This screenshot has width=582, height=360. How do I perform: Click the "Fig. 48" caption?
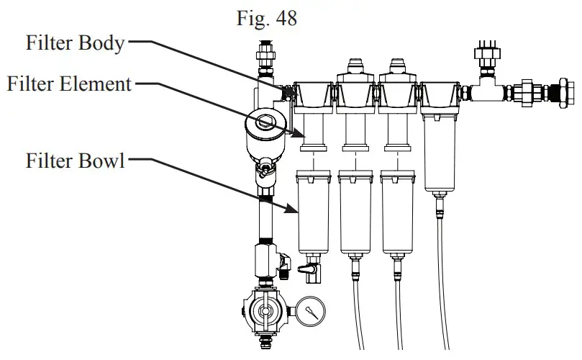tap(266, 19)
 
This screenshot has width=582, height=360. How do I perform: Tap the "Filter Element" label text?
tap(69, 84)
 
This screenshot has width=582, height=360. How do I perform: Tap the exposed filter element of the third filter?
tap(399, 130)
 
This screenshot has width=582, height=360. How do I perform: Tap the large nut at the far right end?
tap(558, 93)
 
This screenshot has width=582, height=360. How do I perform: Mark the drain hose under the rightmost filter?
tap(440, 274)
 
